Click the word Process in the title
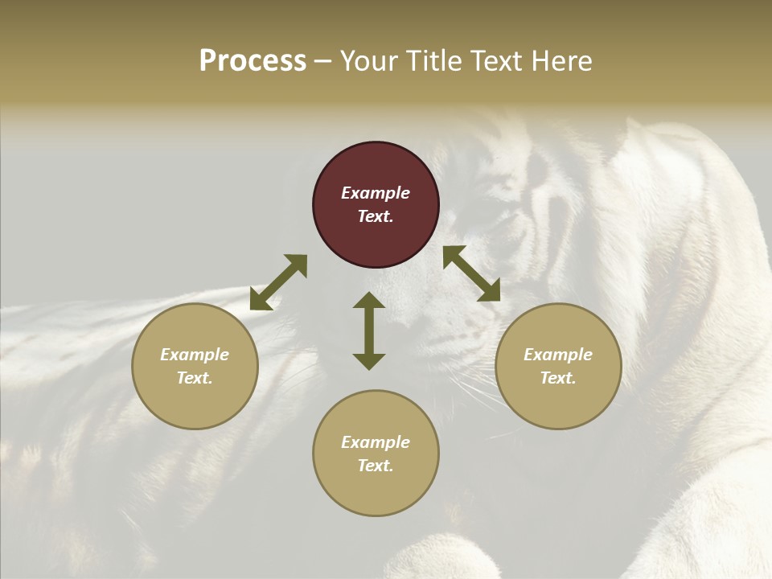(253, 61)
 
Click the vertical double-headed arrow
(369, 331)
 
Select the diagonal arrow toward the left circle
(278, 282)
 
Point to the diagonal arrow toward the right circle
(471, 273)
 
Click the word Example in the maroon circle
(376, 193)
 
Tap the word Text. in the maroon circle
(376, 216)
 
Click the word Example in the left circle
(195, 355)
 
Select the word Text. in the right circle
(558, 378)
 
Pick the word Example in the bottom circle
(376, 442)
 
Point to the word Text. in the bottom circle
(376, 466)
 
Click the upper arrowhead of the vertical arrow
(369, 300)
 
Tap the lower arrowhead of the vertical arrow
(369, 361)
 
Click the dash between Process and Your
(323, 62)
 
